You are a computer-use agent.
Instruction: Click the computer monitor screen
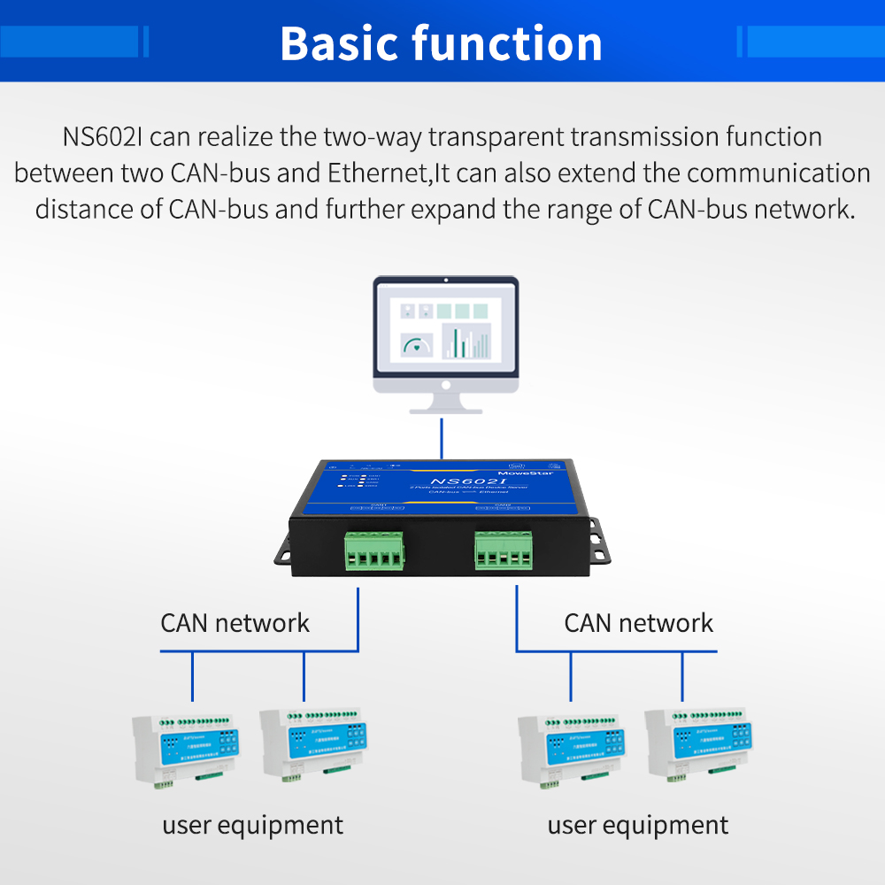pyautogui.click(x=445, y=329)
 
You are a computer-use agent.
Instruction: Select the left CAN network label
pyautogui.click(x=235, y=623)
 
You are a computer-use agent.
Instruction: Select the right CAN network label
pyautogui.click(x=638, y=623)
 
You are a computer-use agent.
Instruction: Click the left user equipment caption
pyautogui.click(x=252, y=826)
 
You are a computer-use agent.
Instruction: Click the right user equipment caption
pyautogui.click(x=637, y=826)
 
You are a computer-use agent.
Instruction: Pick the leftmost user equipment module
pyautogui.click(x=185, y=747)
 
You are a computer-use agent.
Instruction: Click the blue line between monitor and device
pyautogui.click(x=442, y=439)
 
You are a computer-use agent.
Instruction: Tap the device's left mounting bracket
pyautogui.click(x=287, y=548)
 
